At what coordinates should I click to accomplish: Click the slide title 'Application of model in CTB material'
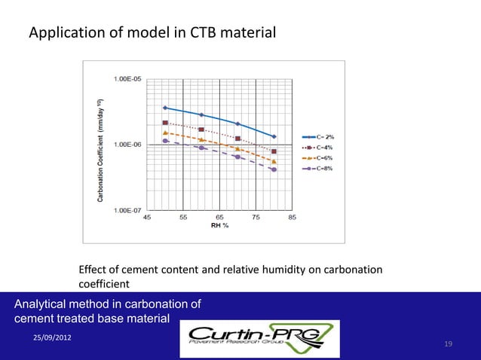pyautogui.click(x=152, y=33)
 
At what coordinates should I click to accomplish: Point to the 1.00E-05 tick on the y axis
pyautogui.click(x=126, y=78)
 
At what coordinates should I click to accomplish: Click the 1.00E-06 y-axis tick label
pyautogui.click(x=126, y=144)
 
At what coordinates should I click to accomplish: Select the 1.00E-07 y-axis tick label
pyautogui.click(x=126, y=210)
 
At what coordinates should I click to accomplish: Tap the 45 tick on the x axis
pyautogui.click(x=147, y=217)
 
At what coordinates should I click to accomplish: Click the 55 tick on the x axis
pyautogui.click(x=183, y=217)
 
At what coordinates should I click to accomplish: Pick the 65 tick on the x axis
pyautogui.click(x=219, y=217)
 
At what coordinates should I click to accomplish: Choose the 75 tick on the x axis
pyautogui.click(x=256, y=217)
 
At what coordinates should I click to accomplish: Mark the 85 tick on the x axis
pyautogui.click(x=292, y=217)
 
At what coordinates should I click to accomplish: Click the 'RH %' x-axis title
pyautogui.click(x=219, y=225)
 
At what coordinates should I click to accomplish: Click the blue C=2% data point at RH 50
pyautogui.click(x=165, y=108)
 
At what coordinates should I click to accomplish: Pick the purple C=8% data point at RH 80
pyautogui.click(x=274, y=169)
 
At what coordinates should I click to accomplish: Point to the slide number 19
pyautogui.click(x=449, y=344)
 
